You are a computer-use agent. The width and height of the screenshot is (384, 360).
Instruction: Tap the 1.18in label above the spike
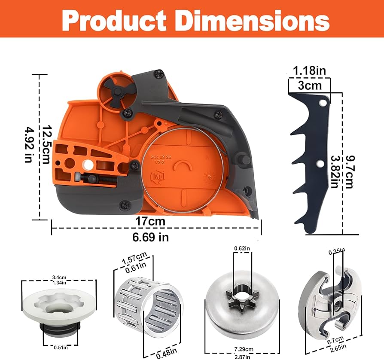click(310, 70)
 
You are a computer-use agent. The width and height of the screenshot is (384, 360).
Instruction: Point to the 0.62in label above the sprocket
click(241, 248)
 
